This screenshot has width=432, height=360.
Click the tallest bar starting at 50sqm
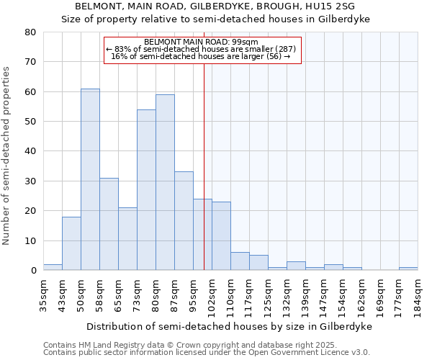[90, 180]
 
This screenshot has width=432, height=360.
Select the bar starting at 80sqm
[165, 183]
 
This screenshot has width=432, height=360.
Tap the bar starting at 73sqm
[146, 190]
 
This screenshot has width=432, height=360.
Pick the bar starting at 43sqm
[71, 243]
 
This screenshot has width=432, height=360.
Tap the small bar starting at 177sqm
[408, 269]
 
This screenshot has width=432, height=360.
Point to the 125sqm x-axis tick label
[268, 295]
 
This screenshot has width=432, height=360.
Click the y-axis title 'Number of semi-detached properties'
[6, 155]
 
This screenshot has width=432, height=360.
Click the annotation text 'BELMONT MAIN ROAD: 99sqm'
[201, 42]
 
